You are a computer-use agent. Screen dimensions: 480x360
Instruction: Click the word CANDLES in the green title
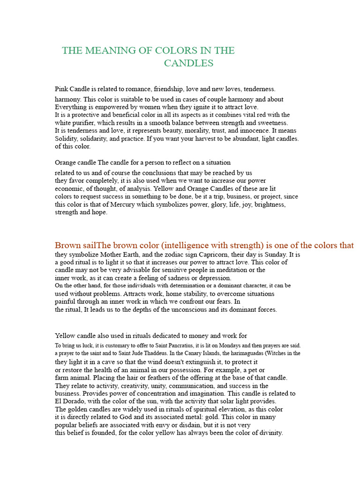click(x=188, y=63)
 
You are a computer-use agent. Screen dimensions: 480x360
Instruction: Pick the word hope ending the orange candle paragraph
click(x=100, y=212)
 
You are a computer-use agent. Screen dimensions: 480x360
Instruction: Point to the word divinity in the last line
click(x=270, y=433)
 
